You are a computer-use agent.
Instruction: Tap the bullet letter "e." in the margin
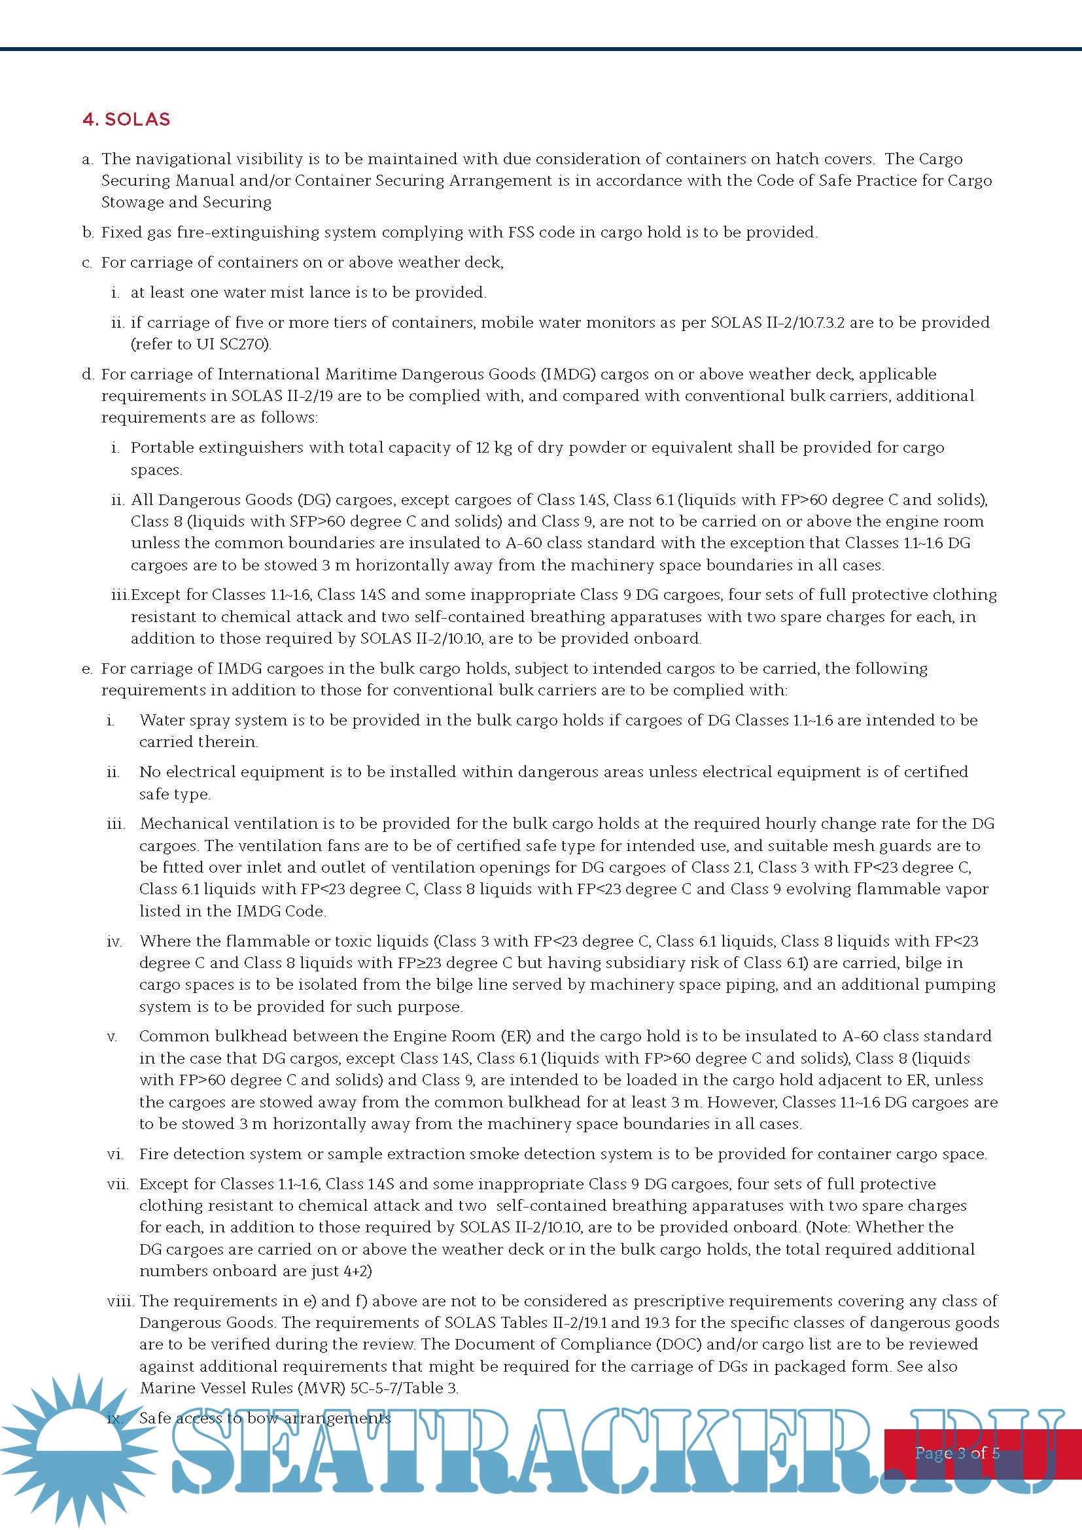pyautogui.click(x=87, y=669)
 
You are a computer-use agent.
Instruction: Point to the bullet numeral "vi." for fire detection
pyautogui.click(x=114, y=1153)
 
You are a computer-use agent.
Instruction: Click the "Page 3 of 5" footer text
pyautogui.click(x=957, y=1453)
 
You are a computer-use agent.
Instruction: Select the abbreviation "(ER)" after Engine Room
pyautogui.click(x=515, y=1036)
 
